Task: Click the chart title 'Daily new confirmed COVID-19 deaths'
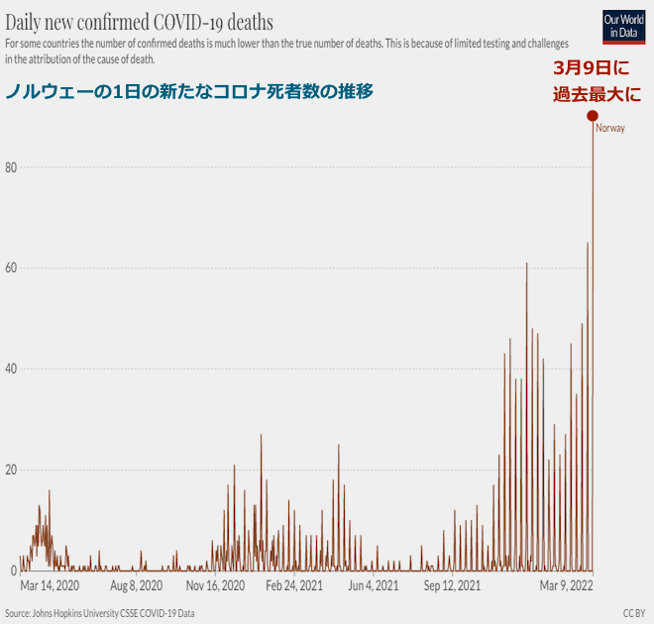point(140,21)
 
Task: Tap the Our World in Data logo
point(623,26)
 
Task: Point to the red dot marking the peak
point(593,116)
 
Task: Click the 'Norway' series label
point(610,129)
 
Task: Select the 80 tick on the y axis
point(10,167)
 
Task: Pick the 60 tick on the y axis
point(10,268)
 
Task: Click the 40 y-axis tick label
point(10,369)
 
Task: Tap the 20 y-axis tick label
point(10,470)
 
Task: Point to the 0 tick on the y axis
point(13,571)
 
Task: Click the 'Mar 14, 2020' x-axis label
point(50,586)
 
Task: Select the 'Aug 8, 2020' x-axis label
point(137,586)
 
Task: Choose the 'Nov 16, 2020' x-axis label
point(215,586)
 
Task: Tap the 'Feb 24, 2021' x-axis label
point(294,586)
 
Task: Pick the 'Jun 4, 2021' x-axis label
point(374,586)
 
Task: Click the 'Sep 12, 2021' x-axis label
point(452,586)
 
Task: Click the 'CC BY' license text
point(635,613)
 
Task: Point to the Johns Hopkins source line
point(99,613)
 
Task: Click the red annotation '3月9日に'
point(591,69)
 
